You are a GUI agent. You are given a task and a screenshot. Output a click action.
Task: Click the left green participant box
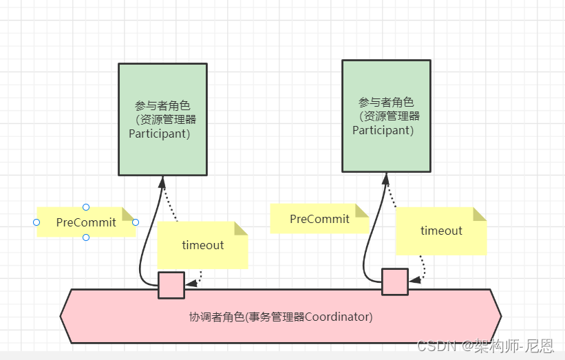tap(162, 118)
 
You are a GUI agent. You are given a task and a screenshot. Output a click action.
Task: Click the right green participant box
tap(386, 115)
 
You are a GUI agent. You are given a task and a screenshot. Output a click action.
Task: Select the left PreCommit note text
tap(87, 222)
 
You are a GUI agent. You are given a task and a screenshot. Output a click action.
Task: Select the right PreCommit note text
tap(319, 219)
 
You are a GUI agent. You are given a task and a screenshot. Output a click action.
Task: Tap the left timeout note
tap(203, 245)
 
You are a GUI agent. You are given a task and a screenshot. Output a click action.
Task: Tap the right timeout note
tap(441, 231)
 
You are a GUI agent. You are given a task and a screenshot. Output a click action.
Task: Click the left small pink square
tap(171, 285)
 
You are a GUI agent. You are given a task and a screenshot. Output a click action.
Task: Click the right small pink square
tap(395, 282)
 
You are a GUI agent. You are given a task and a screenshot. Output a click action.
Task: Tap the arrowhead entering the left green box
tap(163, 182)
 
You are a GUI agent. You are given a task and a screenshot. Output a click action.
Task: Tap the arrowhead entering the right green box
tap(385, 178)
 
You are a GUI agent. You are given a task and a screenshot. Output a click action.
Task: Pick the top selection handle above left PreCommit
tap(86, 207)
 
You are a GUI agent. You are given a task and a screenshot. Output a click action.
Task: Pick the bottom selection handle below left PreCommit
tap(86, 237)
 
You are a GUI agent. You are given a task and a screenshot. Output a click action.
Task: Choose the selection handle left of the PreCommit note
tap(36, 222)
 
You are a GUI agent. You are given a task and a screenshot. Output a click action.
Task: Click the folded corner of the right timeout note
tap(480, 214)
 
